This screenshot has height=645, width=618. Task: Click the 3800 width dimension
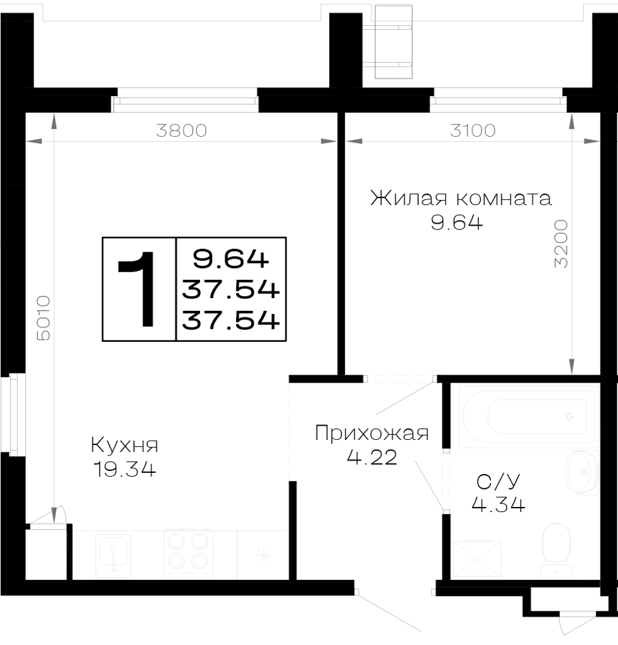click(x=181, y=131)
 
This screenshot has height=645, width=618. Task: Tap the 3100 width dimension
click(x=473, y=131)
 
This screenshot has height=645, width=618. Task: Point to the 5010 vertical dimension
click(x=44, y=318)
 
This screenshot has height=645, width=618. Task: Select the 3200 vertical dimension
click(x=561, y=244)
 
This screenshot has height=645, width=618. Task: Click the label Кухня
click(x=125, y=445)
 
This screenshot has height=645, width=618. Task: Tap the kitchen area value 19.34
click(x=125, y=469)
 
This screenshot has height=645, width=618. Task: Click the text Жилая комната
click(x=461, y=198)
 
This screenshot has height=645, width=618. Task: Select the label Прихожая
click(x=372, y=433)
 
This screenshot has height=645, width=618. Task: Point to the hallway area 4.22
click(x=372, y=457)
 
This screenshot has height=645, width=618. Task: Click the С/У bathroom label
click(x=498, y=482)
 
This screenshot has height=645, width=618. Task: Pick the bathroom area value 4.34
click(x=498, y=504)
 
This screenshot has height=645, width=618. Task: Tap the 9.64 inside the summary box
click(x=231, y=259)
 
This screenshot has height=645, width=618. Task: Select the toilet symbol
click(x=556, y=549)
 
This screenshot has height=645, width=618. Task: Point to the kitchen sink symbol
click(x=113, y=555)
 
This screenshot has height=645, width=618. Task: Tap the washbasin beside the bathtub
click(x=582, y=472)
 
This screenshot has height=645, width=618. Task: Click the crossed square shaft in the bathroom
click(x=477, y=559)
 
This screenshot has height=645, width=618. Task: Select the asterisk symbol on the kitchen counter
click(x=263, y=556)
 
